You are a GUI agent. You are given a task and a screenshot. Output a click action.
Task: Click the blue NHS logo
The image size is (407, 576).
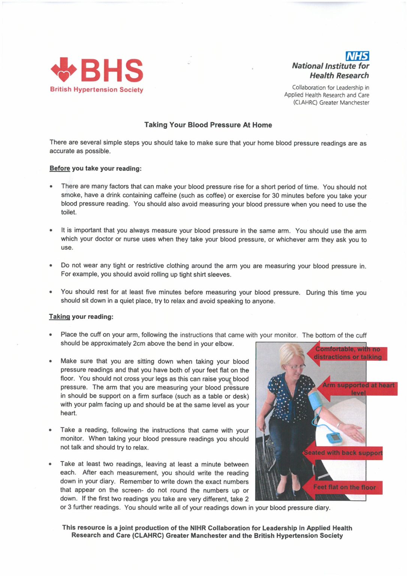coord(357,56)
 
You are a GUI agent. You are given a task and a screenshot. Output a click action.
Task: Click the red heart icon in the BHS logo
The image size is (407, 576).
coord(64,70)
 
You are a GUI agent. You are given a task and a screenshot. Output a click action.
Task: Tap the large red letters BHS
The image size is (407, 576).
coord(112,70)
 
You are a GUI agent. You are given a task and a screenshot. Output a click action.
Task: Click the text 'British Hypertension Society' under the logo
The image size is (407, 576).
coord(97,90)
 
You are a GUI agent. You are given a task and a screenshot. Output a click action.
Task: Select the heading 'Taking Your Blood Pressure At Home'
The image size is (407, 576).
coord(208,125)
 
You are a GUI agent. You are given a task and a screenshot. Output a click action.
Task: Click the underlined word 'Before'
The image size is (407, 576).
coord(60,168)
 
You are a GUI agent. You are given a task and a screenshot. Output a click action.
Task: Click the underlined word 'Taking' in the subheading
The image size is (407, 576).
coord(59,316)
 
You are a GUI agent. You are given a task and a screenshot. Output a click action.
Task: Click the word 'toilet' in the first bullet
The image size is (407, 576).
coord(69,212)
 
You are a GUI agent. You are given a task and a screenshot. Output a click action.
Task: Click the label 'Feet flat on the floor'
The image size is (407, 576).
coord(344,487)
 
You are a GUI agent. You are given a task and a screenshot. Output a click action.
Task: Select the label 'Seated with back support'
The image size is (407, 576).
coord(343,453)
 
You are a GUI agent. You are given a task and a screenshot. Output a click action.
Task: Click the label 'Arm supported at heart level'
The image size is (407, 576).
coord(358,389)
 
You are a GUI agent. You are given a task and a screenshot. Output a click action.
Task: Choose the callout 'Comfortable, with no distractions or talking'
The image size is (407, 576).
coord(347,353)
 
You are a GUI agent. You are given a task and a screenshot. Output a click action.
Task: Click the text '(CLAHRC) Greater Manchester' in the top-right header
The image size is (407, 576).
coord(331,102)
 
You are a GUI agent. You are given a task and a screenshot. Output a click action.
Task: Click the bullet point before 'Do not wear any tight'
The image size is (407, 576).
coord(51,265)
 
